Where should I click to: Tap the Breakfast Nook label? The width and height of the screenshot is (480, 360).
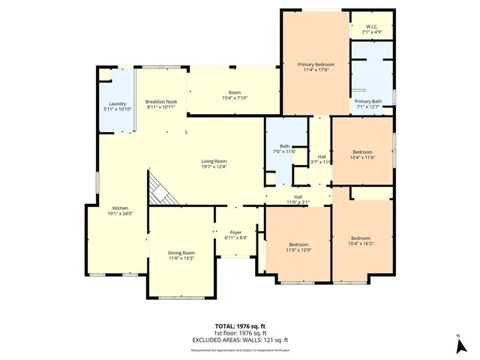pos(160,101)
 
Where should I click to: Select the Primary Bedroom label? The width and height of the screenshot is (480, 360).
pos(314,64)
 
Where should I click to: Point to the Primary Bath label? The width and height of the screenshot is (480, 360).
pos(367,101)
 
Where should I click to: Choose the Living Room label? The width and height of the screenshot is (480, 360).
pos(214,161)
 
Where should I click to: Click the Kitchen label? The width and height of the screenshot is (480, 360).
pos(120,208)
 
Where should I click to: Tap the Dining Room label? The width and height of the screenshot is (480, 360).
pos(181,253)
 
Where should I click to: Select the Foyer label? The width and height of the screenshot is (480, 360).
pos(235,232)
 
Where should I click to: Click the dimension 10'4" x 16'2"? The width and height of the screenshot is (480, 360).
pos(361,243)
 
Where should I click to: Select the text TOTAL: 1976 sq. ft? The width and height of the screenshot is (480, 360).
pos(240,325)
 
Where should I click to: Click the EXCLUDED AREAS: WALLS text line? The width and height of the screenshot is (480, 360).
pos(240,340)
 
